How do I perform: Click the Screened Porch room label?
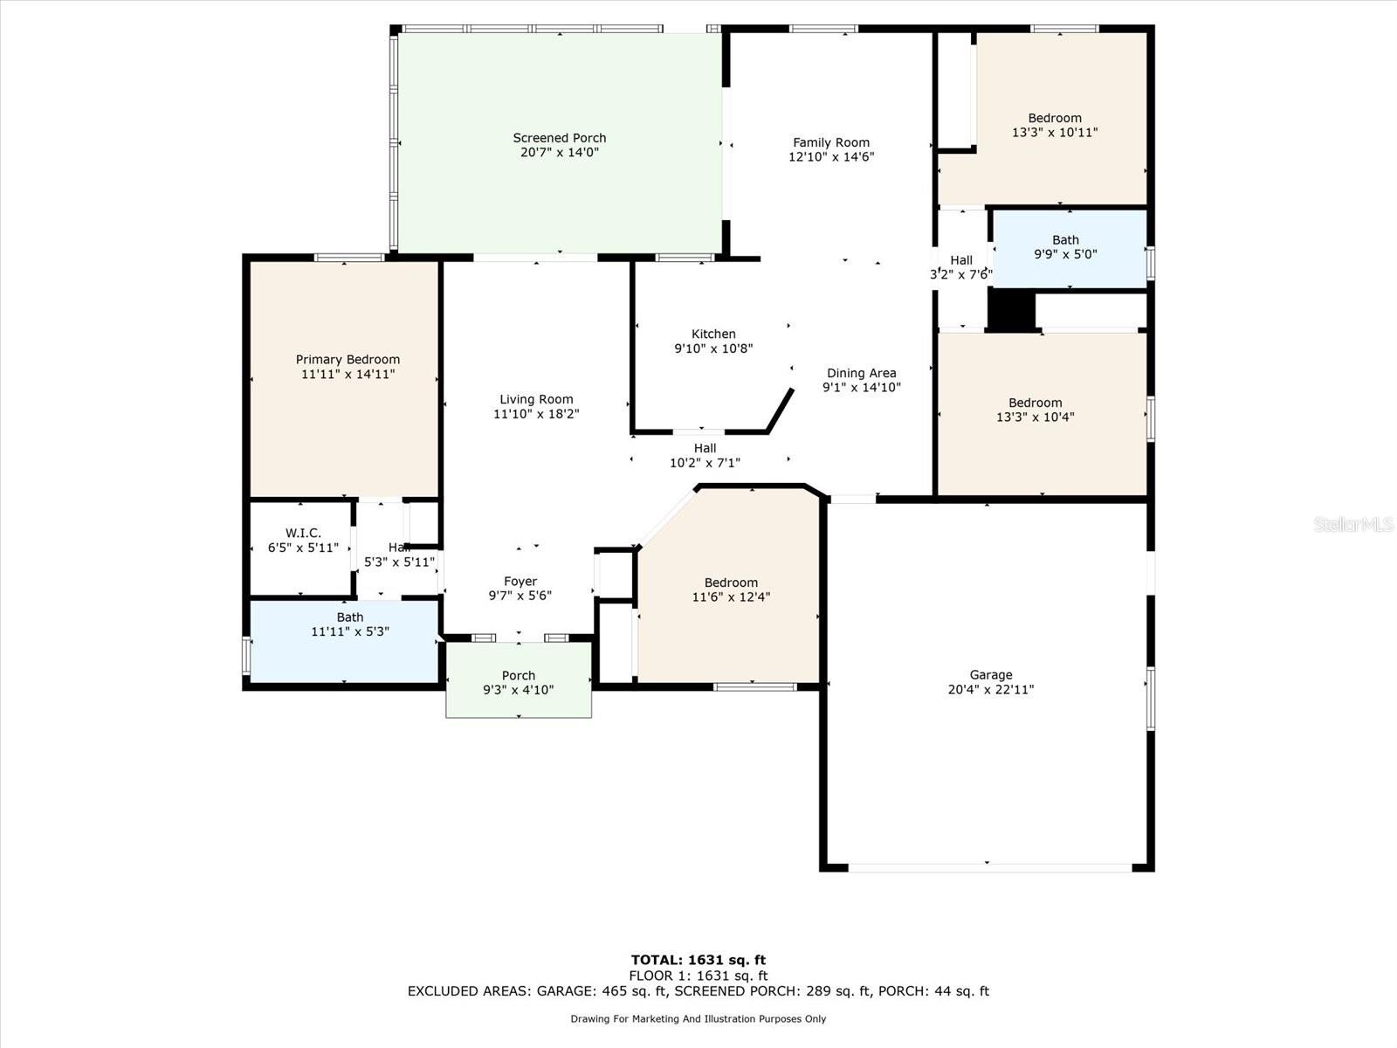pyautogui.click(x=559, y=138)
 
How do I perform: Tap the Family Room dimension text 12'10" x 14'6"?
pyautogui.click(x=831, y=157)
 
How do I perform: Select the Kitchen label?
pyautogui.click(x=713, y=334)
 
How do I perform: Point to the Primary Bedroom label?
pyautogui.click(x=348, y=359)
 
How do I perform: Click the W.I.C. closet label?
pyautogui.click(x=303, y=533)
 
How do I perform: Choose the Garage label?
pyautogui.click(x=990, y=674)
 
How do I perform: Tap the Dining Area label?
pyautogui.click(x=861, y=373)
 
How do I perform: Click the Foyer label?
pyautogui.click(x=520, y=581)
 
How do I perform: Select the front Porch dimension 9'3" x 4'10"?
pyautogui.click(x=518, y=690)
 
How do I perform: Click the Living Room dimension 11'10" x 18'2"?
pyautogui.click(x=536, y=414)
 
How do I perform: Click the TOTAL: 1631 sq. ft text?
pyautogui.click(x=698, y=960)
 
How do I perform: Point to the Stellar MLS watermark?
pyautogui.click(x=1353, y=524)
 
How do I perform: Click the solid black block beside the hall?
pyautogui.click(x=1010, y=310)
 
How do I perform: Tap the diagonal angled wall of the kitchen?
pyautogui.click(x=781, y=410)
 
